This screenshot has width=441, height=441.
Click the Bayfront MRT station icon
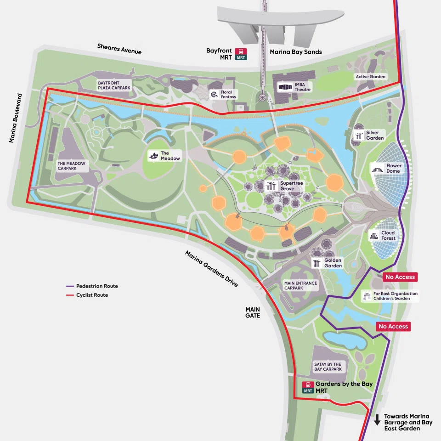(x=241, y=54)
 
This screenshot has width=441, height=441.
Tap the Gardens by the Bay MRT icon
(x=308, y=387)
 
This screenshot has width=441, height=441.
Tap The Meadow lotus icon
(x=153, y=156)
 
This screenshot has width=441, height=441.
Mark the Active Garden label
(x=371, y=77)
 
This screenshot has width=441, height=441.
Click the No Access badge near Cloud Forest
(x=400, y=277)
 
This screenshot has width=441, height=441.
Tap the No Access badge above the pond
(x=393, y=327)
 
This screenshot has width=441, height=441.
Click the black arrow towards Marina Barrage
(x=377, y=419)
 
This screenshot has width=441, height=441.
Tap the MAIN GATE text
(x=253, y=312)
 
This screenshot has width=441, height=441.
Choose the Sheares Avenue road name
(x=119, y=49)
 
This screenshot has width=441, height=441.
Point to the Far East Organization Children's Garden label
(x=390, y=296)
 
